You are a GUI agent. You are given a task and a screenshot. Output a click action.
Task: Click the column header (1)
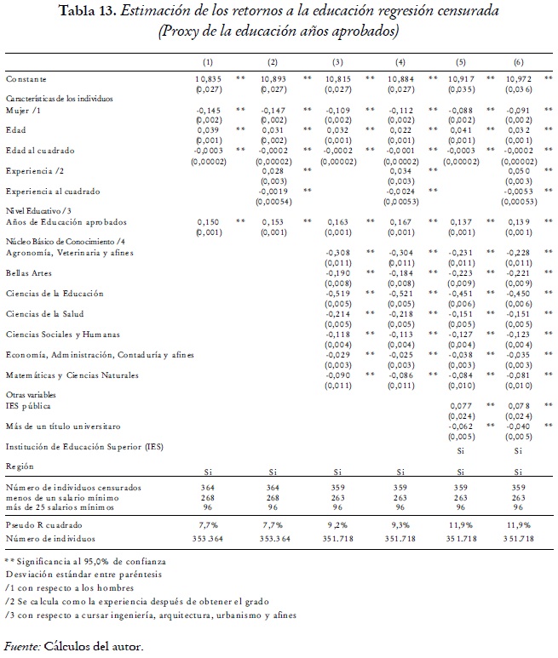pyautogui.click(x=208, y=63)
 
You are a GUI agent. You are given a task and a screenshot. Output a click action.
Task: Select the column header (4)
pyautogui.click(x=400, y=63)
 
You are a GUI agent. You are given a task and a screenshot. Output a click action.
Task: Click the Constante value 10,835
pyautogui.click(x=208, y=78)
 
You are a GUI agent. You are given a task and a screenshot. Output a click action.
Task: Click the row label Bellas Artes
pyautogui.click(x=26, y=273)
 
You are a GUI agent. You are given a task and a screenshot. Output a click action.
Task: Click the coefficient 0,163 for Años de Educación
pyautogui.click(x=337, y=222)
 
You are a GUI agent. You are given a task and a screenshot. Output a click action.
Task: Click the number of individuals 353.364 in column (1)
pyautogui.click(x=208, y=540)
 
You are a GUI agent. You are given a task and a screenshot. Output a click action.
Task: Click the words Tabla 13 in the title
pyautogui.click(x=82, y=11)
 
